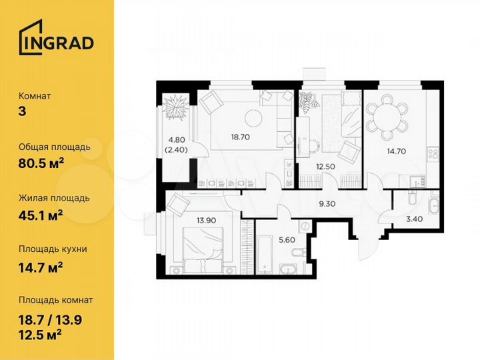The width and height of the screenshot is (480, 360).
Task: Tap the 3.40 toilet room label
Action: click(407, 217)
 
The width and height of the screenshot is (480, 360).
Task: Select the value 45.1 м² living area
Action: click(42, 214)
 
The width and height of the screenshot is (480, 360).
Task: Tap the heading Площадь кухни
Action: click(53, 249)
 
